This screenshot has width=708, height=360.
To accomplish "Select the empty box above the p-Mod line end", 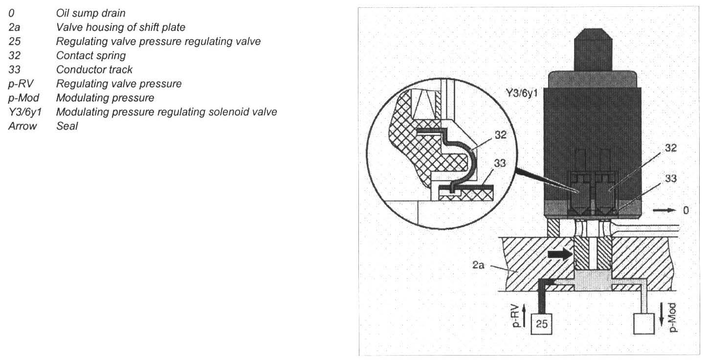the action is point(644,324).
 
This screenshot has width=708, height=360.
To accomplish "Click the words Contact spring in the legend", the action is point(90,55).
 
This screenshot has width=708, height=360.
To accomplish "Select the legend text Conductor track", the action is point(94,69).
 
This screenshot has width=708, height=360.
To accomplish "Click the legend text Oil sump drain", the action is point(90,13).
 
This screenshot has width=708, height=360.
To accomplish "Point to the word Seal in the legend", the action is point(67,126).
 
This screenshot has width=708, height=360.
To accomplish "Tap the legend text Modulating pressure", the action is point(105,98).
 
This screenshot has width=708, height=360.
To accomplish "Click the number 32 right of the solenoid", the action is point(671,148).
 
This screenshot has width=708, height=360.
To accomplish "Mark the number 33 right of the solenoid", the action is point(671,179).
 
